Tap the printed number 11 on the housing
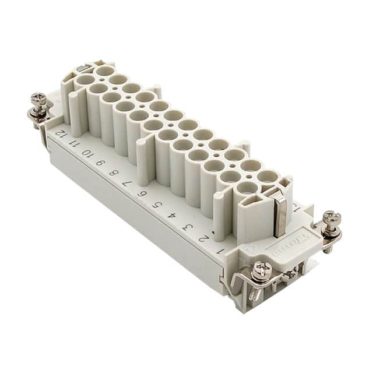pos(73,142)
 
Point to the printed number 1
pos(220,251)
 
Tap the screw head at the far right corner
pos(332,219)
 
